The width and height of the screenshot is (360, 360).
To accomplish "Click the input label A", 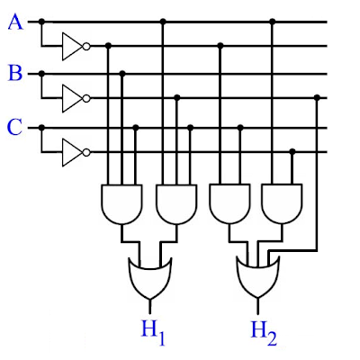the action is [15, 22].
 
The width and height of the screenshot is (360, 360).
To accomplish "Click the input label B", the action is [15, 73].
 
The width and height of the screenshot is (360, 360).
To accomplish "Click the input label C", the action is [14, 127].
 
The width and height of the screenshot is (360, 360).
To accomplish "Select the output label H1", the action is [153, 332].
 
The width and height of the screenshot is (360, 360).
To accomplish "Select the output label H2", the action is [264, 332].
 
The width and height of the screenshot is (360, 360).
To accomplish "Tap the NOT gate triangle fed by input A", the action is [72, 47].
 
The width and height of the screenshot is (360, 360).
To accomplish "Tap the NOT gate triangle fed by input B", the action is [72, 98].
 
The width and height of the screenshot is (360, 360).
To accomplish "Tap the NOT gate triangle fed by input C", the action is [72, 152].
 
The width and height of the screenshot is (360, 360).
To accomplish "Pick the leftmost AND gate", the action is [121, 204].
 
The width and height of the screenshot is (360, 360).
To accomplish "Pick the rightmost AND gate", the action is [282, 204].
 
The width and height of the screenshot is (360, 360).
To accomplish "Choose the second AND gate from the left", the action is [176, 204].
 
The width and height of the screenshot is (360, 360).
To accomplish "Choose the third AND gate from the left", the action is [229, 204].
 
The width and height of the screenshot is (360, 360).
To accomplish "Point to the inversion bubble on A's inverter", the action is [86, 47].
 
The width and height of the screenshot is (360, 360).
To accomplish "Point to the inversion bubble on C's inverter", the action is [86, 152].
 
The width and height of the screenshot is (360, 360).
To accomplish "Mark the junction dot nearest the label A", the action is [41, 22].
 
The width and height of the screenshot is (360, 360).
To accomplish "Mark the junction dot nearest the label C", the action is [41, 128].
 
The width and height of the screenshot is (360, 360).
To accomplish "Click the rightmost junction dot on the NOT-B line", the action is [317, 97].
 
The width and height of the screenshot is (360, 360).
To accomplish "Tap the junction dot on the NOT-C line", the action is [292, 151].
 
